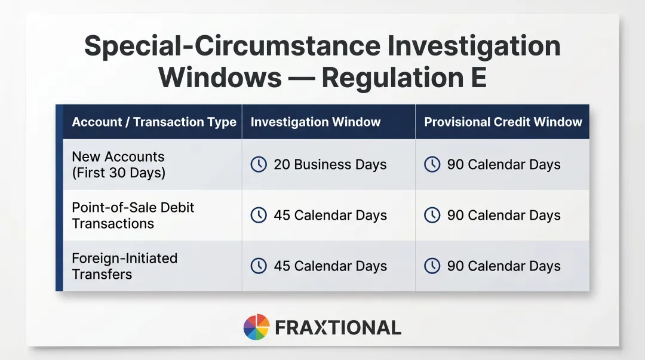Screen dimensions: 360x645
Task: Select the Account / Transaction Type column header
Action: pyautogui.click(x=154, y=122)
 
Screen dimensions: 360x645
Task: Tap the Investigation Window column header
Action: pyautogui.click(x=315, y=122)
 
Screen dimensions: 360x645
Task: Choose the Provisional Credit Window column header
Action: pyautogui.click(x=503, y=122)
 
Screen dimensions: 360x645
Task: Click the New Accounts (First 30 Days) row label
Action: pyautogui.click(x=118, y=165)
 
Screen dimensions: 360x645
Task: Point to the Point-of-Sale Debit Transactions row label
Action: pyautogui.click(x=133, y=216)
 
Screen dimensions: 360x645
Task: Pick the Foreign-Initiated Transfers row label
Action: pyautogui.click(x=124, y=266)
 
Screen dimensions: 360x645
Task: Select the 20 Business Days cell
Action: pyautogui.click(x=330, y=165)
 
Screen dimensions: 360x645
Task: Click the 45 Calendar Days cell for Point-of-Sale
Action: pyautogui.click(x=330, y=216)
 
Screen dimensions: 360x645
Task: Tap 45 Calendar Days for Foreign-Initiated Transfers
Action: pyautogui.click(x=330, y=266)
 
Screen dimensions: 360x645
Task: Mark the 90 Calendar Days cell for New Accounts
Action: pyautogui.click(x=503, y=165)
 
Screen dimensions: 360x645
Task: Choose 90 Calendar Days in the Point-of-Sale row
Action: pyautogui.click(x=503, y=216)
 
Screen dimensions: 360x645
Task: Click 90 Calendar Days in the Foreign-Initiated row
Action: pyautogui.click(x=503, y=266)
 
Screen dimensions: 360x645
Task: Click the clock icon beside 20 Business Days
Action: pyautogui.click(x=259, y=165)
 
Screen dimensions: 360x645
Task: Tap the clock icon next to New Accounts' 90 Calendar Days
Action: pyautogui.click(x=432, y=165)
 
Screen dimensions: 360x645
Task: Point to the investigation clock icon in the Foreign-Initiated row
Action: pyautogui.click(x=259, y=266)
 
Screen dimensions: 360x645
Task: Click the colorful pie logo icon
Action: pyautogui.click(x=256, y=327)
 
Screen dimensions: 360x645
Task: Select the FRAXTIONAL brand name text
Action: pyautogui.click(x=337, y=328)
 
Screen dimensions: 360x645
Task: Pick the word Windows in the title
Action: pyautogui.click(x=220, y=78)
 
